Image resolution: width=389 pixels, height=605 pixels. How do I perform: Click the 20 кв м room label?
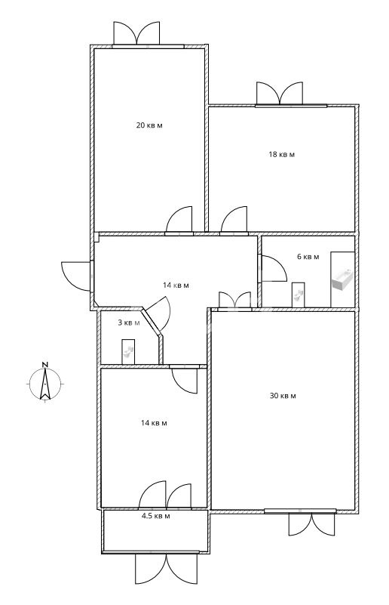click(x=149, y=125)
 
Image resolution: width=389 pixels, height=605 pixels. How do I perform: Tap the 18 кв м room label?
click(x=281, y=155)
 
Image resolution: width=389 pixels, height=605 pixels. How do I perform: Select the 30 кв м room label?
click(x=283, y=396)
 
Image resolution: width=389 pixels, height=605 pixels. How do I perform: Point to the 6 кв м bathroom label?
click(x=308, y=257)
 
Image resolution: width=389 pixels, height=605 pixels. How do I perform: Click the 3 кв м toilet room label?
click(x=129, y=323)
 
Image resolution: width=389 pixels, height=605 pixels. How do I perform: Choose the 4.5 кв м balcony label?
click(x=155, y=516)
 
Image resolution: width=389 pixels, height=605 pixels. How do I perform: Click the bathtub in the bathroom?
click(x=342, y=279)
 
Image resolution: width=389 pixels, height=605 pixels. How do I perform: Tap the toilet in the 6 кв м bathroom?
click(x=299, y=295)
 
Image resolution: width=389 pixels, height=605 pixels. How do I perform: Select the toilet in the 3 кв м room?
click(x=128, y=351)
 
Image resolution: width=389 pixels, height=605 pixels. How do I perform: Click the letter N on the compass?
click(x=45, y=364)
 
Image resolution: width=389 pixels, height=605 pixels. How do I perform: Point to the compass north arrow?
click(x=45, y=384)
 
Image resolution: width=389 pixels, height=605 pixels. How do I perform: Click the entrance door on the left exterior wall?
click(x=75, y=276)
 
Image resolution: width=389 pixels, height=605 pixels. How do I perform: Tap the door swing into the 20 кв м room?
click(x=179, y=220)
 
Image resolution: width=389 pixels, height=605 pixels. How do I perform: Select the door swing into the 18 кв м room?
click(x=234, y=220)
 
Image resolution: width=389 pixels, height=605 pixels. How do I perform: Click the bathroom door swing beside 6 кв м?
click(x=274, y=269)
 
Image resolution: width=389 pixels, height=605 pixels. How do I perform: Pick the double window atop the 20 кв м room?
click(x=136, y=33)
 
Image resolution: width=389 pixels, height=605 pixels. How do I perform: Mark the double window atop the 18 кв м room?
click(x=280, y=94)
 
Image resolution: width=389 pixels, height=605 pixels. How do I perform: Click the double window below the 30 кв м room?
click(x=311, y=524)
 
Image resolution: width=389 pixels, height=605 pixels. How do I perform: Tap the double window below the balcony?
click(x=166, y=569)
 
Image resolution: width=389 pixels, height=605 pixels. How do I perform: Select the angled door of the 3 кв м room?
click(x=158, y=314)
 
